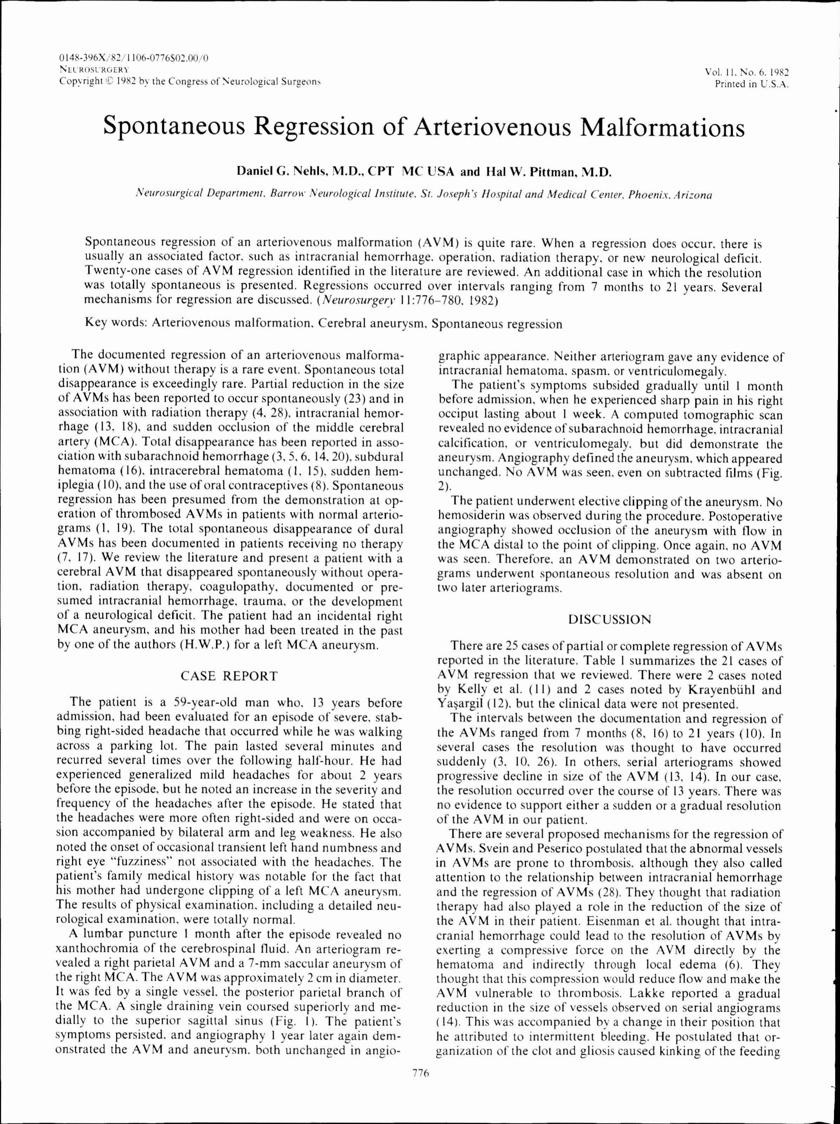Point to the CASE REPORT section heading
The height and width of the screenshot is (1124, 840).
click(x=230, y=676)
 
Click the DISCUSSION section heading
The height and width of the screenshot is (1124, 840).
click(x=609, y=619)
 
